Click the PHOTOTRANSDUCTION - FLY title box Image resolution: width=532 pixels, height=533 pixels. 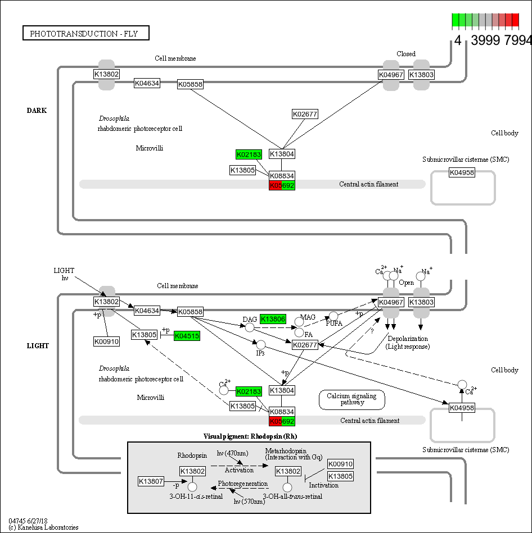87,34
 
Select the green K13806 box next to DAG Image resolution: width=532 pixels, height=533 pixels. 273,319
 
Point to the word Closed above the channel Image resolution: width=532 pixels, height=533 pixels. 405,54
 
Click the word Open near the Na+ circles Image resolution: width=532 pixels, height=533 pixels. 406,283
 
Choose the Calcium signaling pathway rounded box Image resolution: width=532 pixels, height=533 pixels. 352,399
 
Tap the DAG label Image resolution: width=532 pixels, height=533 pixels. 250,319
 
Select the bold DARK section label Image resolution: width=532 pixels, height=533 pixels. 37,111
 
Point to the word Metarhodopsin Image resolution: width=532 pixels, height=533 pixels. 286,451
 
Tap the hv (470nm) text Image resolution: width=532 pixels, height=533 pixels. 232,453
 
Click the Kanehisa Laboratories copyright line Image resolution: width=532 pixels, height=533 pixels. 43,527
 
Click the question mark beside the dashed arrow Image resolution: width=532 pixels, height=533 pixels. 371,331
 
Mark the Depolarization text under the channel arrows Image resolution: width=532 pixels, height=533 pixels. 407,339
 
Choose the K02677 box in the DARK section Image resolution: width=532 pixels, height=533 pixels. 305,115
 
